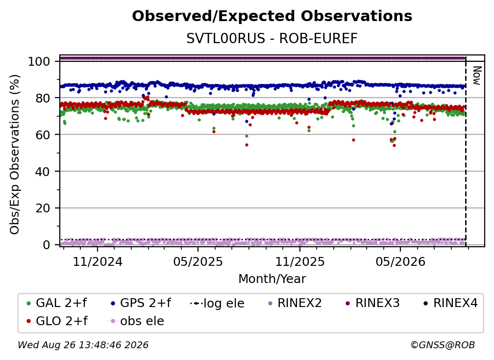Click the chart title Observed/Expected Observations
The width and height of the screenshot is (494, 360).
click(272, 16)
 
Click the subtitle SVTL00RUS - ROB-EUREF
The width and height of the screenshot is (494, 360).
click(272, 39)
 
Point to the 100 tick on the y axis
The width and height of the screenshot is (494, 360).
click(39, 61)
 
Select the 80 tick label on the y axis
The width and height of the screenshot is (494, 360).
click(43, 98)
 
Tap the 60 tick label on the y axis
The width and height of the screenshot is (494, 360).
click(43, 135)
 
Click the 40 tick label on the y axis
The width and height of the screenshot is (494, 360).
click(43, 172)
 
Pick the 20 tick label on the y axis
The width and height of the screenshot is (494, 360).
click(43, 208)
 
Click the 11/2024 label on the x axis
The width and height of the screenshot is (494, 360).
click(98, 261)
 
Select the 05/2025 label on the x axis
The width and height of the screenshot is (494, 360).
click(198, 261)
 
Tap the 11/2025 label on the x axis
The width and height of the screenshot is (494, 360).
click(300, 261)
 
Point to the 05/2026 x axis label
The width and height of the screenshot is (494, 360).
click(400, 261)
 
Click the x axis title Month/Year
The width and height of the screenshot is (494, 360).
click(272, 279)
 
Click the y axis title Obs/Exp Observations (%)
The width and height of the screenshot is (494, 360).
click(15, 154)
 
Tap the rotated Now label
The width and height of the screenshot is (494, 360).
click(477, 76)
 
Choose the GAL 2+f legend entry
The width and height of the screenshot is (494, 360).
click(57, 303)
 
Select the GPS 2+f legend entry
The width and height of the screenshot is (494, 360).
click(141, 303)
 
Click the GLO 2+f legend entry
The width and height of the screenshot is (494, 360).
click(57, 321)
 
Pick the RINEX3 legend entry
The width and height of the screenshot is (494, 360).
click(372, 303)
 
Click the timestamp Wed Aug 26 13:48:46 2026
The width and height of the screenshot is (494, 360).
click(83, 345)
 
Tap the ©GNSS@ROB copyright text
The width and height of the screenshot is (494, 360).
click(443, 345)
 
